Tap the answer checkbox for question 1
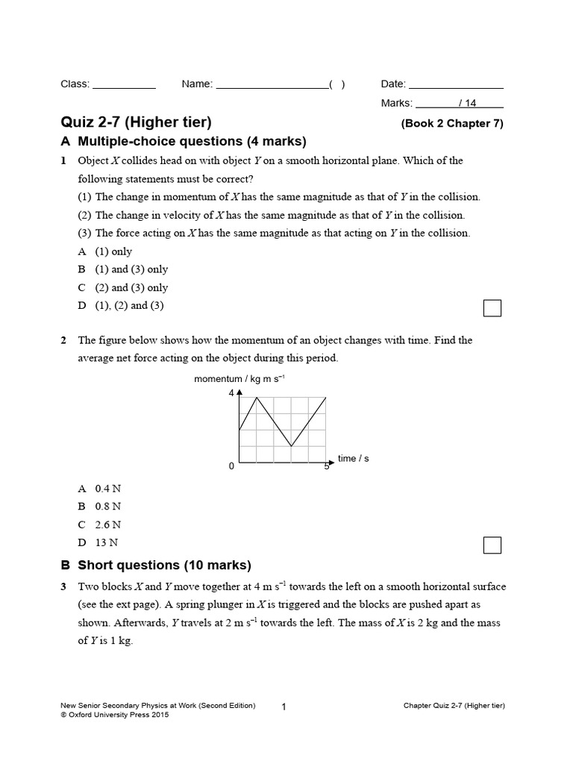pyautogui.click(x=492, y=308)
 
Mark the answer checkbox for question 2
pyautogui.click(x=492, y=545)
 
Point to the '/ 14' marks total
pyautogui.click(x=469, y=104)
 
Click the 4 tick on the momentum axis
pyautogui.click(x=231, y=392)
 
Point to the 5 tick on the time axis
pyautogui.click(x=327, y=466)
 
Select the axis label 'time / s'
pyautogui.click(x=354, y=459)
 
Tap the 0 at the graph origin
pyautogui.click(x=231, y=466)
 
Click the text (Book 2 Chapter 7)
pyautogui.click(x=452, y=124)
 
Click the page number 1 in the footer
pyautogui.click(x=284, y=707)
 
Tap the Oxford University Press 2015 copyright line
pyautogui.click(x=114, y=715)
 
